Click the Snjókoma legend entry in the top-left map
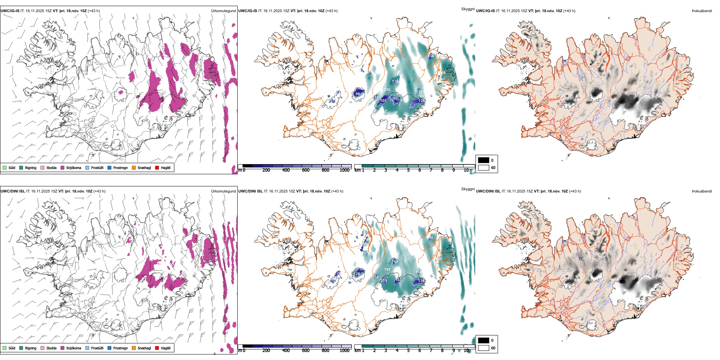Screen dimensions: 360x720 [73, 167]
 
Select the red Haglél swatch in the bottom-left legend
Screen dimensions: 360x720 [157, 348]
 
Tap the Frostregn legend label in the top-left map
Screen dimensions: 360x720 [120, 167]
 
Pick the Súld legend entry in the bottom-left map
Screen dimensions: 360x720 [12, 348]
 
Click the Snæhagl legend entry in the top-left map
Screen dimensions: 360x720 [144, 167]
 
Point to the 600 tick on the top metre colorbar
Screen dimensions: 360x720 [305, 170]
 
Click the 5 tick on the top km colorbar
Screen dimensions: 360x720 [408, 170]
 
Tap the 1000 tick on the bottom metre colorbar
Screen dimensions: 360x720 [344, 351]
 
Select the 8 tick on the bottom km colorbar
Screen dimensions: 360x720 [442, 351]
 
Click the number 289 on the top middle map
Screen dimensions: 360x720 [387, 90]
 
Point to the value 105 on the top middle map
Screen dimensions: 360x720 [383, 101]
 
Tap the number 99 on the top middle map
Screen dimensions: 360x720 [357, 94]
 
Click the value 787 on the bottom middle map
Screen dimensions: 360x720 [387, 270]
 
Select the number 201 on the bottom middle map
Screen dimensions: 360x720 [384, 281]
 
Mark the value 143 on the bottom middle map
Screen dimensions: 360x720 [395, 261]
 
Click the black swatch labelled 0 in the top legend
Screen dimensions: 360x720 [484, 160]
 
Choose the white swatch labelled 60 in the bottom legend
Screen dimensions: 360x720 [484, 348]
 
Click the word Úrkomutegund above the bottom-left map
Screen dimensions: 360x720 [223, 191]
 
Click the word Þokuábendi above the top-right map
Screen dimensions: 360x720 [702, 11]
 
